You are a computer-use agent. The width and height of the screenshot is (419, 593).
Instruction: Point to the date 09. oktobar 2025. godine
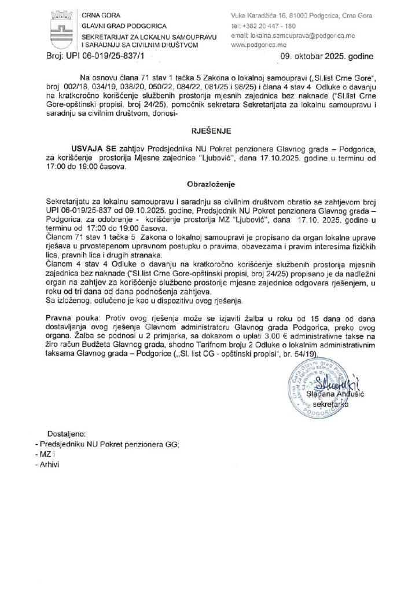[327, 57]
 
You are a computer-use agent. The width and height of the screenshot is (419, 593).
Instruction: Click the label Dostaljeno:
[67, 434]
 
